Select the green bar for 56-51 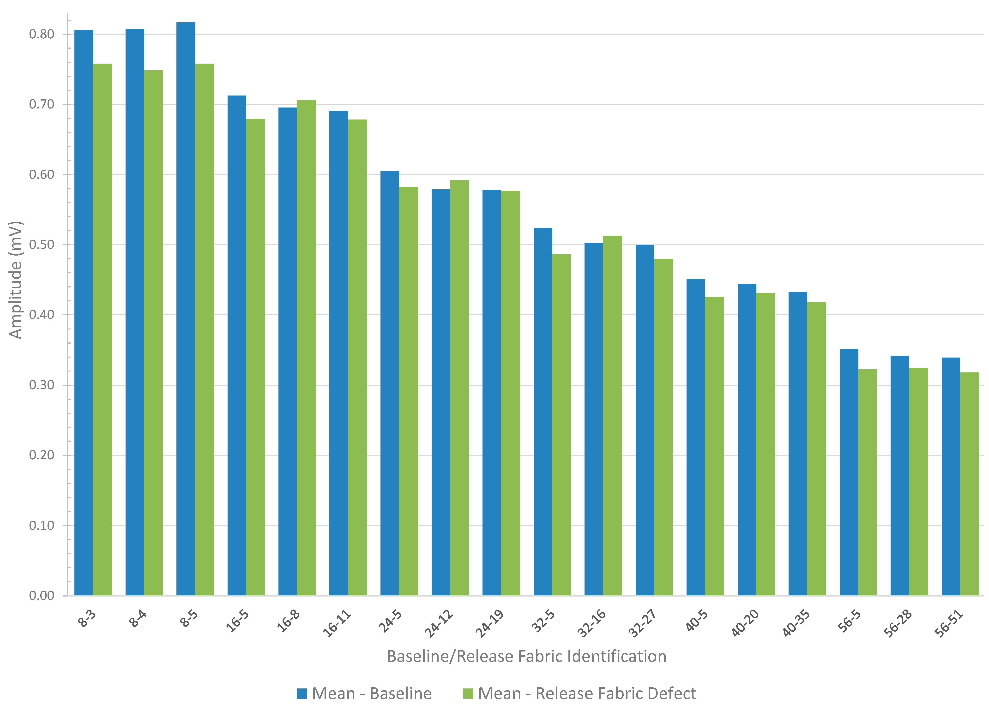969,484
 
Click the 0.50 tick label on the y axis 42,245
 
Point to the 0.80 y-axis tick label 42,34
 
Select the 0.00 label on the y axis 42,596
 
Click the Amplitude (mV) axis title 16,280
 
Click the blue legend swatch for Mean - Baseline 302,693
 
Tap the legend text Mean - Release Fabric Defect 587,693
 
